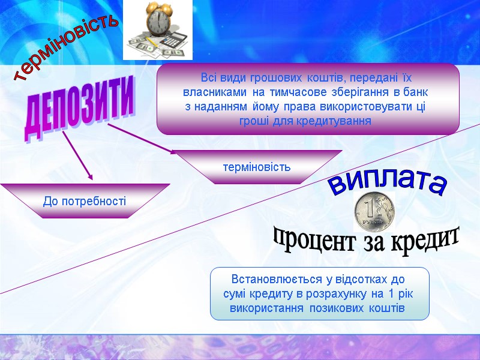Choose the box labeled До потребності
tap(85, 200)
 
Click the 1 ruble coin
tap(374, 211)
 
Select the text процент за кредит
tap(367, 240)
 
